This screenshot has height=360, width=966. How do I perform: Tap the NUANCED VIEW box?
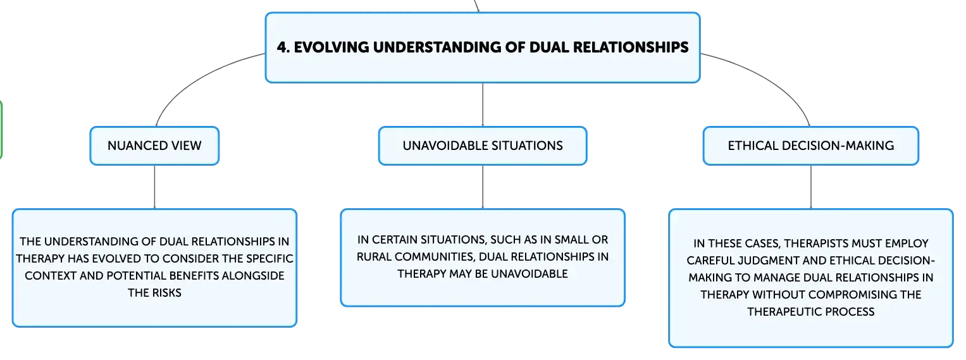point(154,146)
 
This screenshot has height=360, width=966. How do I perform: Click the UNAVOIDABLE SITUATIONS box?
point(483,146)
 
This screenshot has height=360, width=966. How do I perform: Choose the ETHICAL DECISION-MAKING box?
point(811,146)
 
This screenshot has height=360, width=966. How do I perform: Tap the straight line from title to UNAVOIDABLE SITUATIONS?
point(483,104)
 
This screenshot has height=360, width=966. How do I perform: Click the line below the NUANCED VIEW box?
point(154,187)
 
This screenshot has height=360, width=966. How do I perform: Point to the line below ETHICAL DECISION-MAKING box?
point(811,187)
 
